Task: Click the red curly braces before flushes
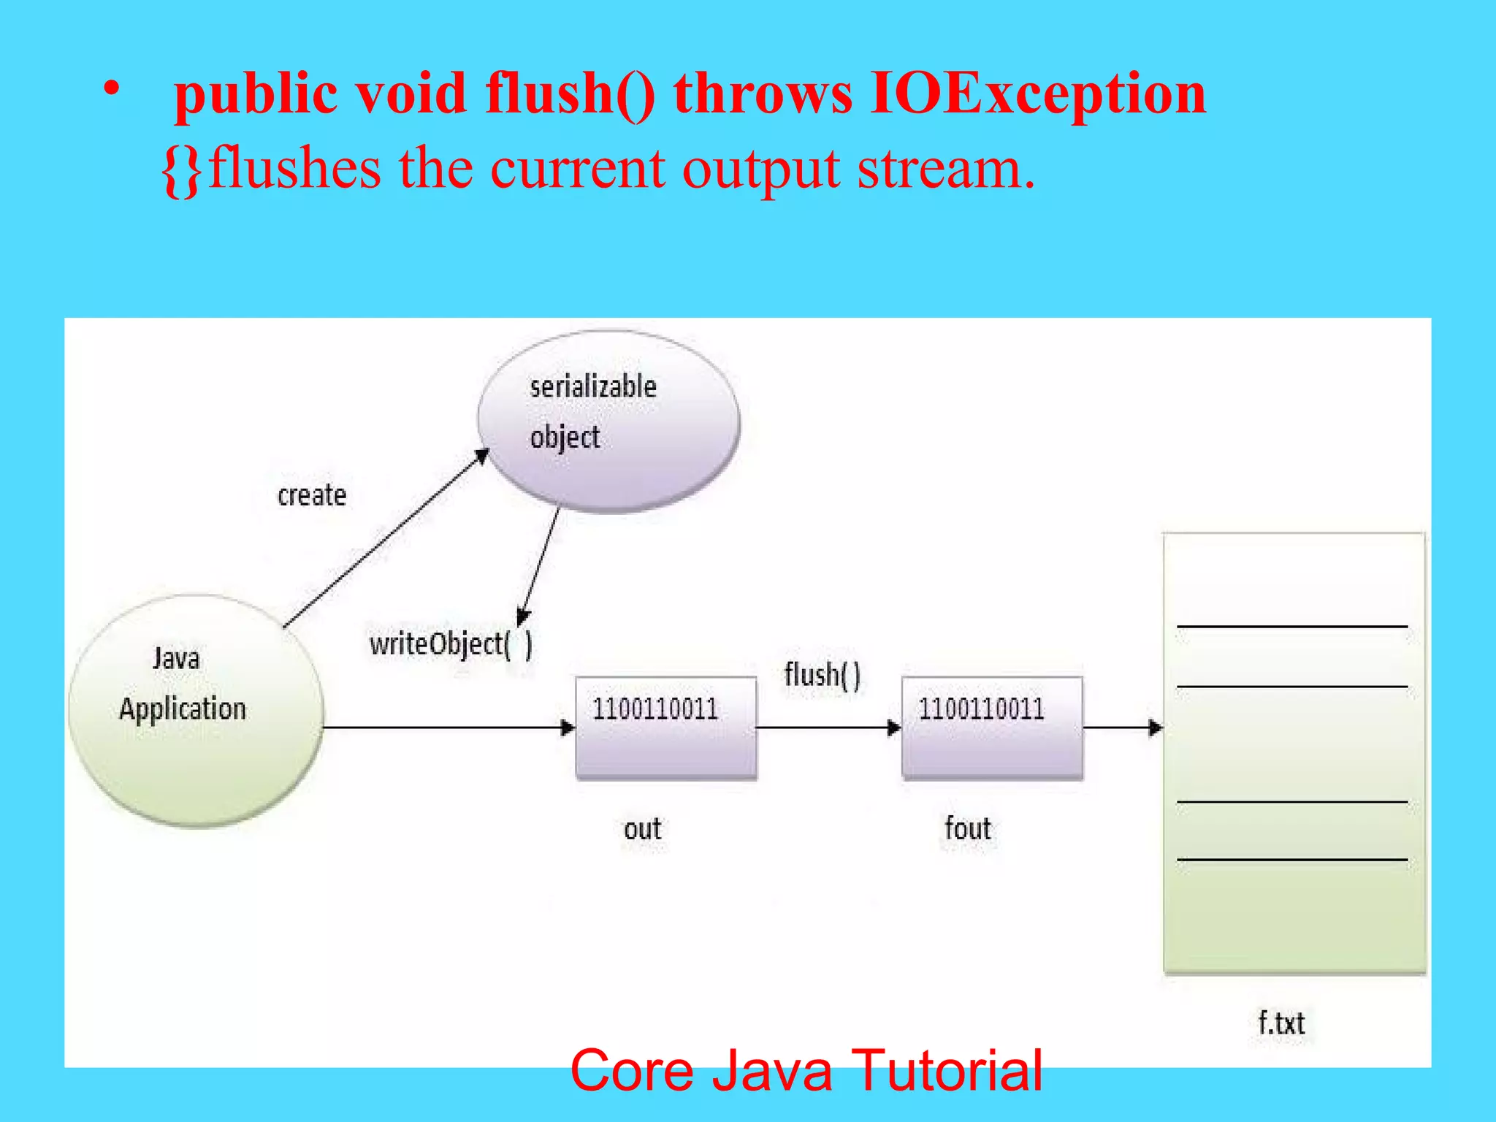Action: pyautogui.click(x=182, y=169)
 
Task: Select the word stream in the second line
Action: pyautogui.click(x=945, y=169)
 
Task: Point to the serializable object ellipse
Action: pyautogui.click(x=608, y=421)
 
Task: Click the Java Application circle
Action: pyautogui.click(x=196, y=710)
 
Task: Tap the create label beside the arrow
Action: pyautogui.click(x=312, y=495)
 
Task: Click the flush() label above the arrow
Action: pyautogui.click(x=823, y=674)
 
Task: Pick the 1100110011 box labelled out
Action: pyautogui.click(x=665, y=727)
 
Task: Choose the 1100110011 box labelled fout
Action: pyautogui.click(x=992, y=727)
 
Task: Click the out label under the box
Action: pyautogui.click(x=642, y=829)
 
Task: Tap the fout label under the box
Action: pyautogui.click(x=968, y=829)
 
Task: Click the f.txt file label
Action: pyautogui.click(x=1281, y=1023)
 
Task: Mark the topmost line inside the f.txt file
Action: pyautogui.click(x=1291, y=626)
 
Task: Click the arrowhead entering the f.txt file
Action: pyautogui.click(x=1155, y=728)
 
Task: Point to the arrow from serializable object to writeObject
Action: pyautogui.click(x=539, y=566)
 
